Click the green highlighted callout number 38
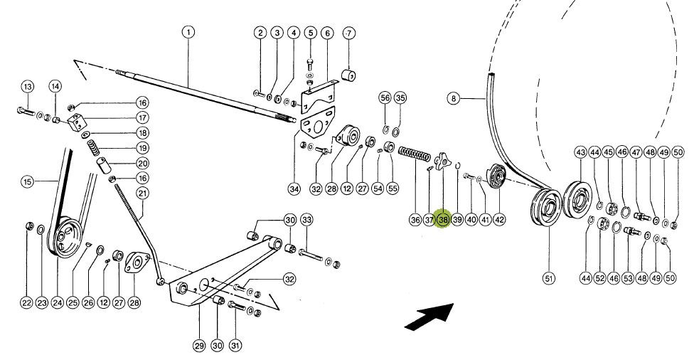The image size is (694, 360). [x=443, y=220]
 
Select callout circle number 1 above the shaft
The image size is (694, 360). [x=188, y=32]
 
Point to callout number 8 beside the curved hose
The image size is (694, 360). [x=454, y=99]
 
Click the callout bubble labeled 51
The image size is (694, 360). [x=548, y=278]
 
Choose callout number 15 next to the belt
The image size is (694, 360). [x=27, y=182]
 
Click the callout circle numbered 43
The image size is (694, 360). [x=580, y=152]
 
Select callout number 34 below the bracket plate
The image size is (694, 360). [x=294, y=189]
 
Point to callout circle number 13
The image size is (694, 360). [x=27, y=87]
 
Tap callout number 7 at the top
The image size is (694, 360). [x=348, y=33]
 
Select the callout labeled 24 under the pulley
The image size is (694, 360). [x=58, y=303]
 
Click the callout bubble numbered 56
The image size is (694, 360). [x=385, y=97]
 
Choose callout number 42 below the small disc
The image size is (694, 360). [x=499, y=220]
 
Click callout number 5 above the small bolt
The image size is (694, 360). [x=310, y=33]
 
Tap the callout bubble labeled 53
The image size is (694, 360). [x=628, y=278]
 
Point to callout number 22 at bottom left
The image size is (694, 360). [x=26, y=303]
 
